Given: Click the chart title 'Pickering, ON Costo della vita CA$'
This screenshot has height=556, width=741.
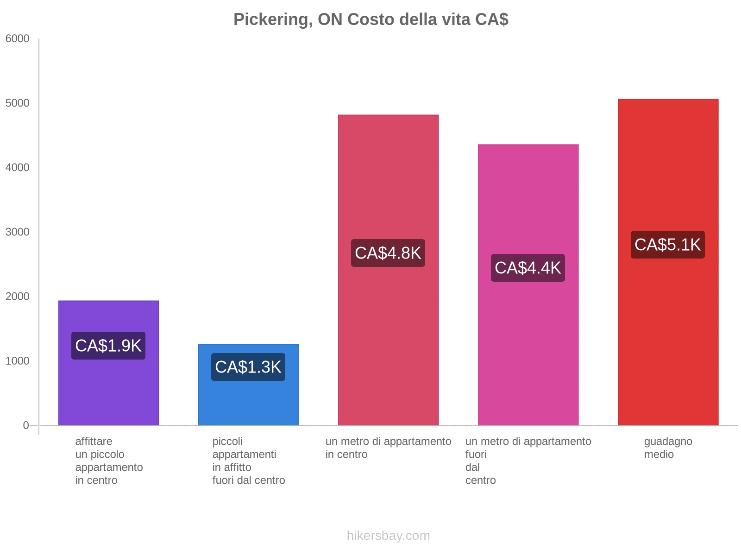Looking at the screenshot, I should tap(370, 19).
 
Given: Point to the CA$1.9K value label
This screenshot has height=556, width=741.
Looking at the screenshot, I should tap(108, 346).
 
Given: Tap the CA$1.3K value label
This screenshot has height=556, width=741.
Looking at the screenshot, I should tap(248, 367).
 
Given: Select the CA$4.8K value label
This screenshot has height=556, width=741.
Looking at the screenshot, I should tap(388, 253).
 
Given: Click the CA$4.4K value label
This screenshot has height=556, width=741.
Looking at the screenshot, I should tap(528, 268).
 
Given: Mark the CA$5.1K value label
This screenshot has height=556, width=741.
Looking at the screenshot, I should tap(668, 245).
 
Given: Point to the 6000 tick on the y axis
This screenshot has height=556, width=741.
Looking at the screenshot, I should tap(18, 39).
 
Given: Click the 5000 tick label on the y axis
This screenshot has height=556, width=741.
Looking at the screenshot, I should tap(18, 103).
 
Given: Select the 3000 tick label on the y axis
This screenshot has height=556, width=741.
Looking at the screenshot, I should tap(18, 232).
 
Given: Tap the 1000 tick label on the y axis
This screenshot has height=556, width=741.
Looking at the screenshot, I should tap(18, 361).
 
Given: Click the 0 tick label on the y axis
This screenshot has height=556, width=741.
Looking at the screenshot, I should tap(26, 425).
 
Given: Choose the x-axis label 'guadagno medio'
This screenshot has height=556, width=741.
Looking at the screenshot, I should tap(668, 448).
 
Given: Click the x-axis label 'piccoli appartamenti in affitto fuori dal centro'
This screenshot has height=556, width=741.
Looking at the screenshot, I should tap(248, 461).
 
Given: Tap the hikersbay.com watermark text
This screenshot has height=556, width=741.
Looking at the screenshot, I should tap(388, 536).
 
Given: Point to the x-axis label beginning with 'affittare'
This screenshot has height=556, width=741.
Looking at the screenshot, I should tap(109, 461).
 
